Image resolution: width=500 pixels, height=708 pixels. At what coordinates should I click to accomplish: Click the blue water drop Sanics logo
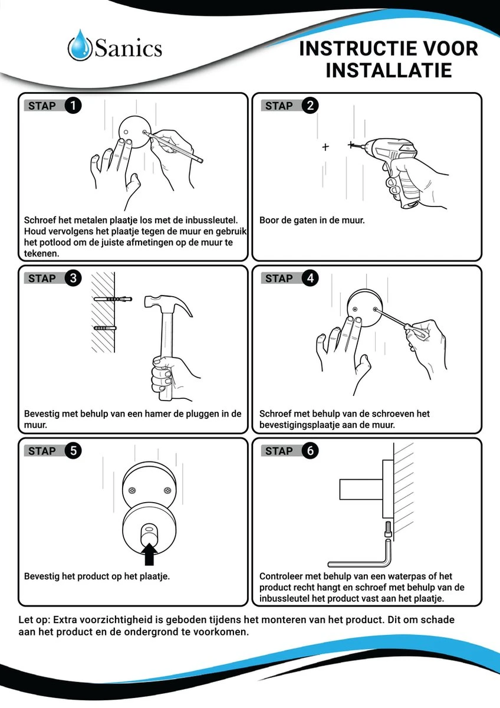point(80,47)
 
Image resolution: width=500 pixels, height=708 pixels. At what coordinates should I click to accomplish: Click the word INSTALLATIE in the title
point(389,70)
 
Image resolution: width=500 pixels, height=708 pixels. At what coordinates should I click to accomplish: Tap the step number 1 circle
point(73,106)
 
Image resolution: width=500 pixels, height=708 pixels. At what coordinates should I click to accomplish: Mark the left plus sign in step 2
point(325,147)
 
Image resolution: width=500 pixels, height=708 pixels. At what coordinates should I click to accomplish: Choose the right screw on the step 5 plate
point(168,490)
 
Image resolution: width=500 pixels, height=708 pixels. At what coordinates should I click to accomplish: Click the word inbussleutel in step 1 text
point(210,220)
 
